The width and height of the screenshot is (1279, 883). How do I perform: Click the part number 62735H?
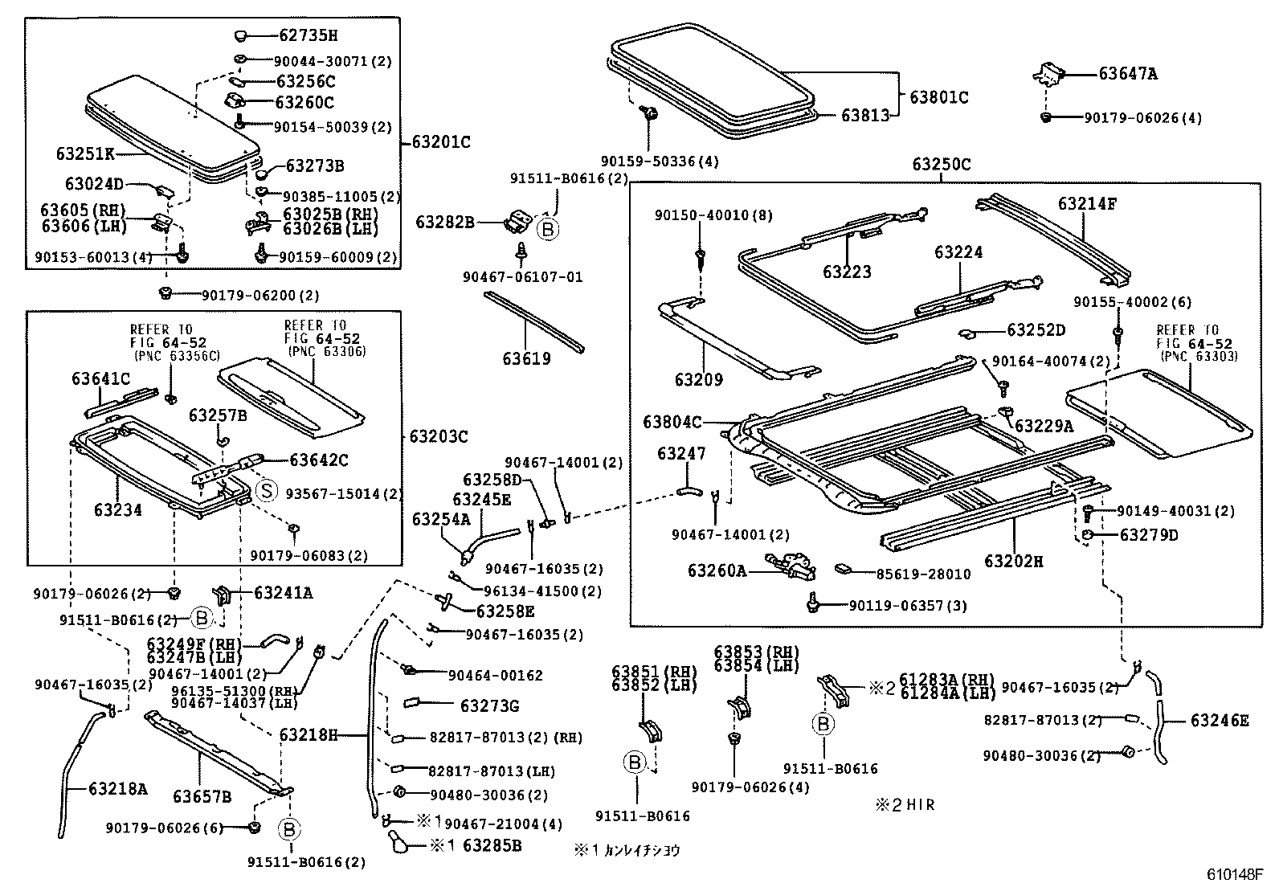tap(308, 35)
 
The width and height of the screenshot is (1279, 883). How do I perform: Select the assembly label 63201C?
tap(441, 142)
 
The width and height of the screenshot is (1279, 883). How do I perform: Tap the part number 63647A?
tap(1128, 74)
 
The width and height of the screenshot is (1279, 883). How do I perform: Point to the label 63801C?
tap(938, 97)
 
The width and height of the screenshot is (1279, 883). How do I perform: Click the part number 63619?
tap(527, 358)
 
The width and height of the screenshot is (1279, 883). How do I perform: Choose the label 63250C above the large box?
tap(941, 165)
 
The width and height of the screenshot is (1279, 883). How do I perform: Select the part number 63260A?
tap(717, 570)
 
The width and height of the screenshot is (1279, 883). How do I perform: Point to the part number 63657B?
tap(202, 796)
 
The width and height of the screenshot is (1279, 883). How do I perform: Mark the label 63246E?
tap(1220, 721)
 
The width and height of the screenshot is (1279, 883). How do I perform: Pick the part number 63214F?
tap(1086, 204)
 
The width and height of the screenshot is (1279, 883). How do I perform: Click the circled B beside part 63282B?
tap(547, 230)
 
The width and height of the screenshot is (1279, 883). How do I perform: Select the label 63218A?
tap(118, 789)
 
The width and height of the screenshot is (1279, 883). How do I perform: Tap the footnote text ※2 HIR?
tap(905, 804)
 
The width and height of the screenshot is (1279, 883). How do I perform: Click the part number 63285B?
tap(492, 845)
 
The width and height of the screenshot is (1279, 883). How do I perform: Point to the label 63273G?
tap(489, 706)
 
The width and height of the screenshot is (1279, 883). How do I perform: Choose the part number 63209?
tap(698, 379)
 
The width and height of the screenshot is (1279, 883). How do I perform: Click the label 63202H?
tap(1013, 561)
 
